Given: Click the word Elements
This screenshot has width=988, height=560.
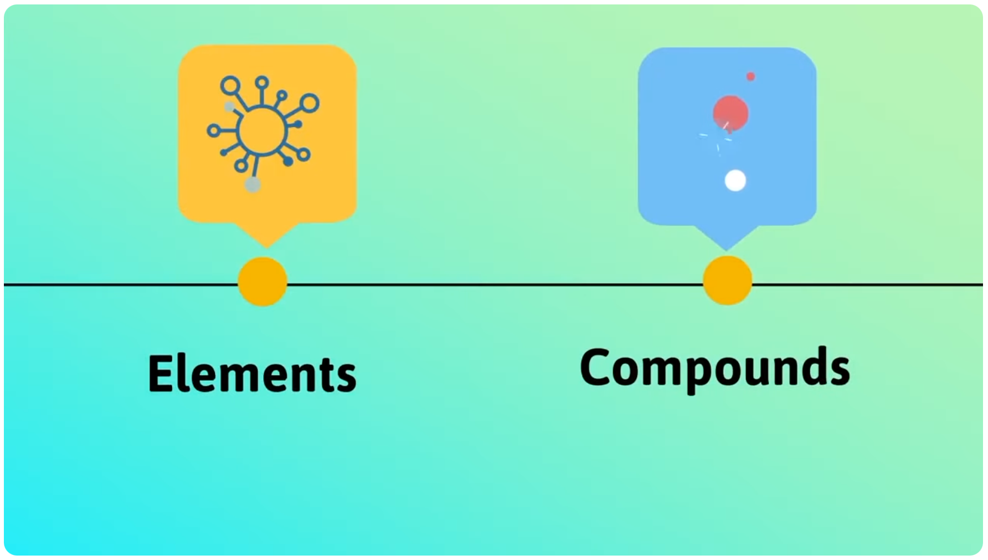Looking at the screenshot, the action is (252, 374).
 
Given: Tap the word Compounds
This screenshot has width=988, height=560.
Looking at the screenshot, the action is (714, 368).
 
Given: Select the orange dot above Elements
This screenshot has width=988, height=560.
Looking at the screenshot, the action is (263, 282).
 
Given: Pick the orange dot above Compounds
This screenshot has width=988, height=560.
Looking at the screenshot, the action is (727, 281).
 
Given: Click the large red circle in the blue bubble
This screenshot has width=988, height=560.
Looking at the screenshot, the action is (730, 113).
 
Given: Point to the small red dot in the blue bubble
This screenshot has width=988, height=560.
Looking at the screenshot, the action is (750, 77).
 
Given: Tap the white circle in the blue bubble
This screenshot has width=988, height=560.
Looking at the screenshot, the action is (735, 181).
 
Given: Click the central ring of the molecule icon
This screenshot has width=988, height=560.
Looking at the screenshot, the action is (262, 131).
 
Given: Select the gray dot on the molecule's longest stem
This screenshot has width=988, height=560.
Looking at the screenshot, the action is (253, 185).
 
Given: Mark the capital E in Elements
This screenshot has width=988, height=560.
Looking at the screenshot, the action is (161, 374).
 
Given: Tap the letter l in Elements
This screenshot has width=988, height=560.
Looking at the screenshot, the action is (186, 373).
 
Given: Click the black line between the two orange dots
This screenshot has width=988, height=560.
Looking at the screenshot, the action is (495, 284).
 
